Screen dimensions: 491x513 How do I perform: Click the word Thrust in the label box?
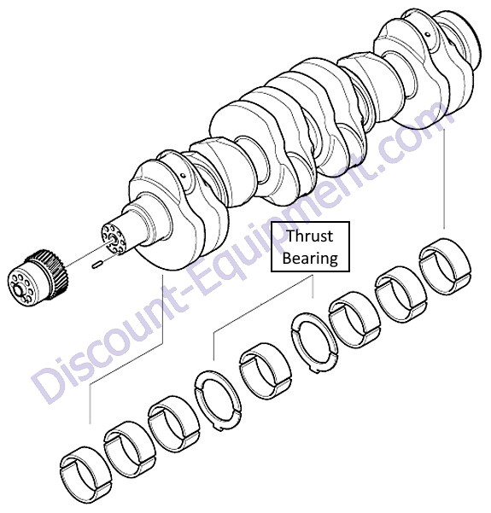(310, 236)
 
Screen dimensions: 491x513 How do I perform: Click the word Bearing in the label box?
(310, 258)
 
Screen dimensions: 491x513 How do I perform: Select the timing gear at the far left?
(38, 277)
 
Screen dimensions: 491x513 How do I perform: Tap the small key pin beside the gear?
(97, 265)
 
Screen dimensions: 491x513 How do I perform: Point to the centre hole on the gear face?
(17, 289)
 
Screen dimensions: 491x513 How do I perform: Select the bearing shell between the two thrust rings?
(266, 370)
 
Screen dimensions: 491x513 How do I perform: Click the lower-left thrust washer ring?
(218, 399)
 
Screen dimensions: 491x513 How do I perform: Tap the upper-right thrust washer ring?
(314, 343)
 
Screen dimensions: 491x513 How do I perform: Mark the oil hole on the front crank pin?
(184, 176)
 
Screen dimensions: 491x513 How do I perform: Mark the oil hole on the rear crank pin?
(428, 33)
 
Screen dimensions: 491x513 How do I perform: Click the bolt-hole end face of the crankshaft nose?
(114, 238)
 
